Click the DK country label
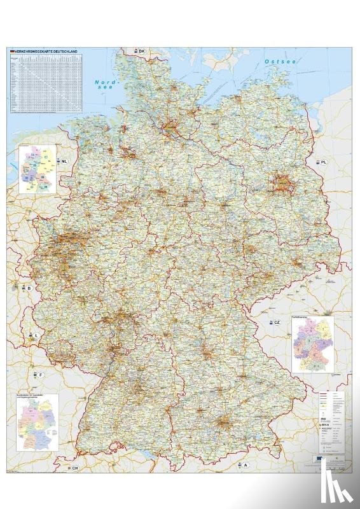tap(142, 50)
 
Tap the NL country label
tap(65, 162)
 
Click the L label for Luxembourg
tap(36, 335)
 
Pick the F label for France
tap(41, 375)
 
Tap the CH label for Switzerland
tap(74, 468)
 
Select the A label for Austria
tap(245, 465)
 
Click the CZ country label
tap(276, 323)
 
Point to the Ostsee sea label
tap(278, 61)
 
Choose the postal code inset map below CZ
tap(312, 344)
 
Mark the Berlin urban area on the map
tap(282, 185)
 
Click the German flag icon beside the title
tap(11, 50)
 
